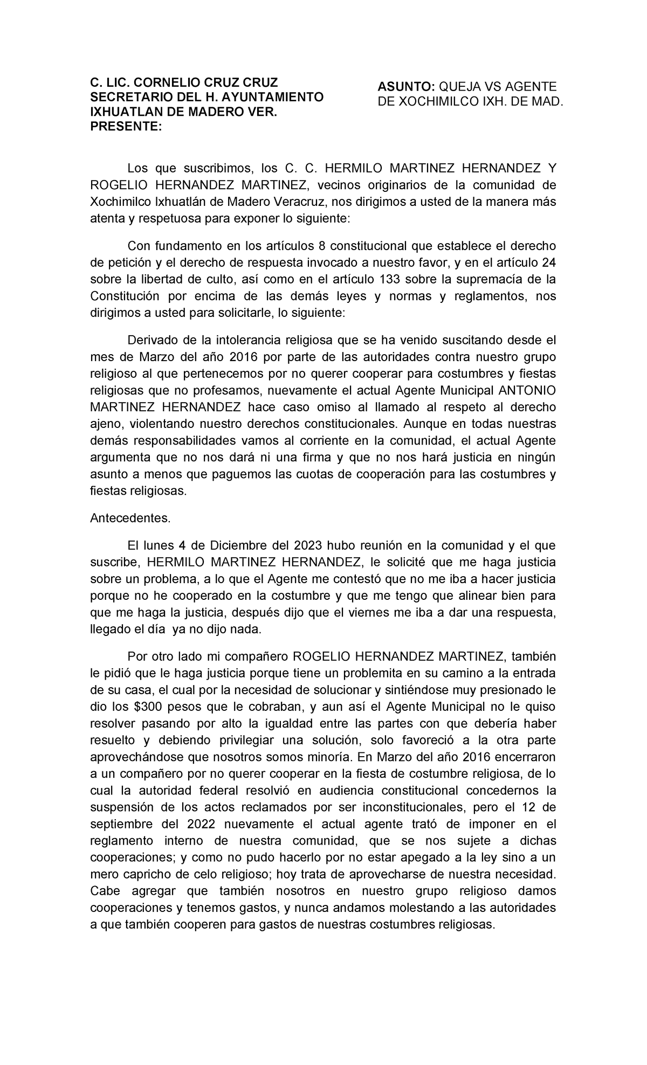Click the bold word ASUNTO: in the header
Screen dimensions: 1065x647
pyautogui.click(x=405, y=87)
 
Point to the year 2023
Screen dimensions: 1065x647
pyautogui.click(x=309, y=545)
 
